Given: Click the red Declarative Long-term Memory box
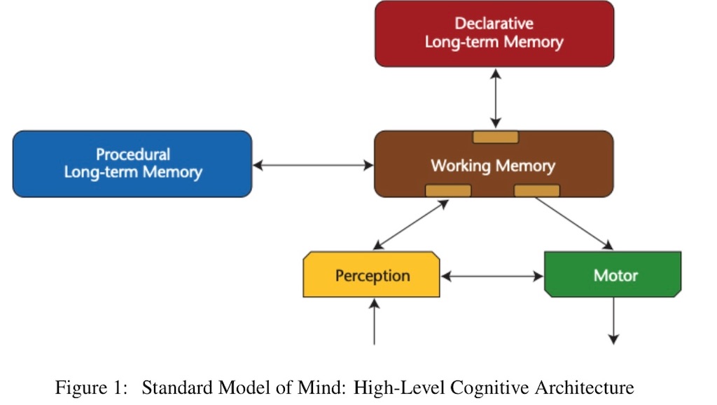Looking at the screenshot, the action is point(494,34).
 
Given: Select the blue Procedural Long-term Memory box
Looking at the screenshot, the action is point(132,164).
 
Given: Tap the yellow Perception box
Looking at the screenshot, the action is point(371,274).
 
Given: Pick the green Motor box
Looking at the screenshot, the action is point(613,274).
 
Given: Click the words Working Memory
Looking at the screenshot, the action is point(493,166).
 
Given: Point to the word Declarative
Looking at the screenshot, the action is point(494,23).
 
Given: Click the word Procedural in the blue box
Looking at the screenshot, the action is point(133,155).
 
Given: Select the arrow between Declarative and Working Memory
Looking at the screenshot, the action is point(496,99).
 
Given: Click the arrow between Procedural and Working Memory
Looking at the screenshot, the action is point(313,165).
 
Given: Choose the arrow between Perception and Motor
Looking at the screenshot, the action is point(492,276).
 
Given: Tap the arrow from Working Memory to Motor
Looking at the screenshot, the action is point(574,224).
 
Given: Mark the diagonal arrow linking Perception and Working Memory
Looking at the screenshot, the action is point(410,225).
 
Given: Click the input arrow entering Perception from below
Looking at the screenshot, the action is point(375,322).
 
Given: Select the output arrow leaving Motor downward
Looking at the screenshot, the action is point(613,320).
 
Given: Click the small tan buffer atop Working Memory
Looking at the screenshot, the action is point(496,137).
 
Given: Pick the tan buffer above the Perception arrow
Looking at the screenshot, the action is point(448,190).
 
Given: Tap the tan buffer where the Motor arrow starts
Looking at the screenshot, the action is point(537,190).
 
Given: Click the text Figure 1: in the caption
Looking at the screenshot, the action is point(91,388).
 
